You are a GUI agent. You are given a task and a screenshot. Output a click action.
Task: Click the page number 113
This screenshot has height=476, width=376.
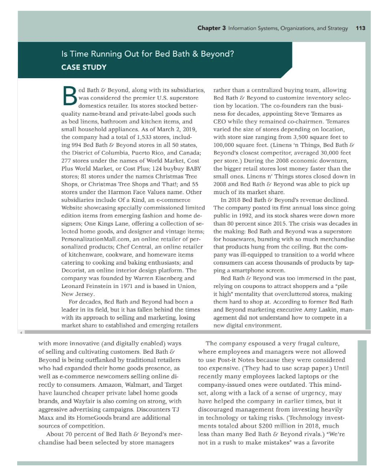tap(360, 28)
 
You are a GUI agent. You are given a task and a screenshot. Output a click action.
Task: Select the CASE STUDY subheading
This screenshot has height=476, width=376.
tap(84, 67)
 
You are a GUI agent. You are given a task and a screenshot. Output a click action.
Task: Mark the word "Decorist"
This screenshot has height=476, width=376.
tap(74, 270)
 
